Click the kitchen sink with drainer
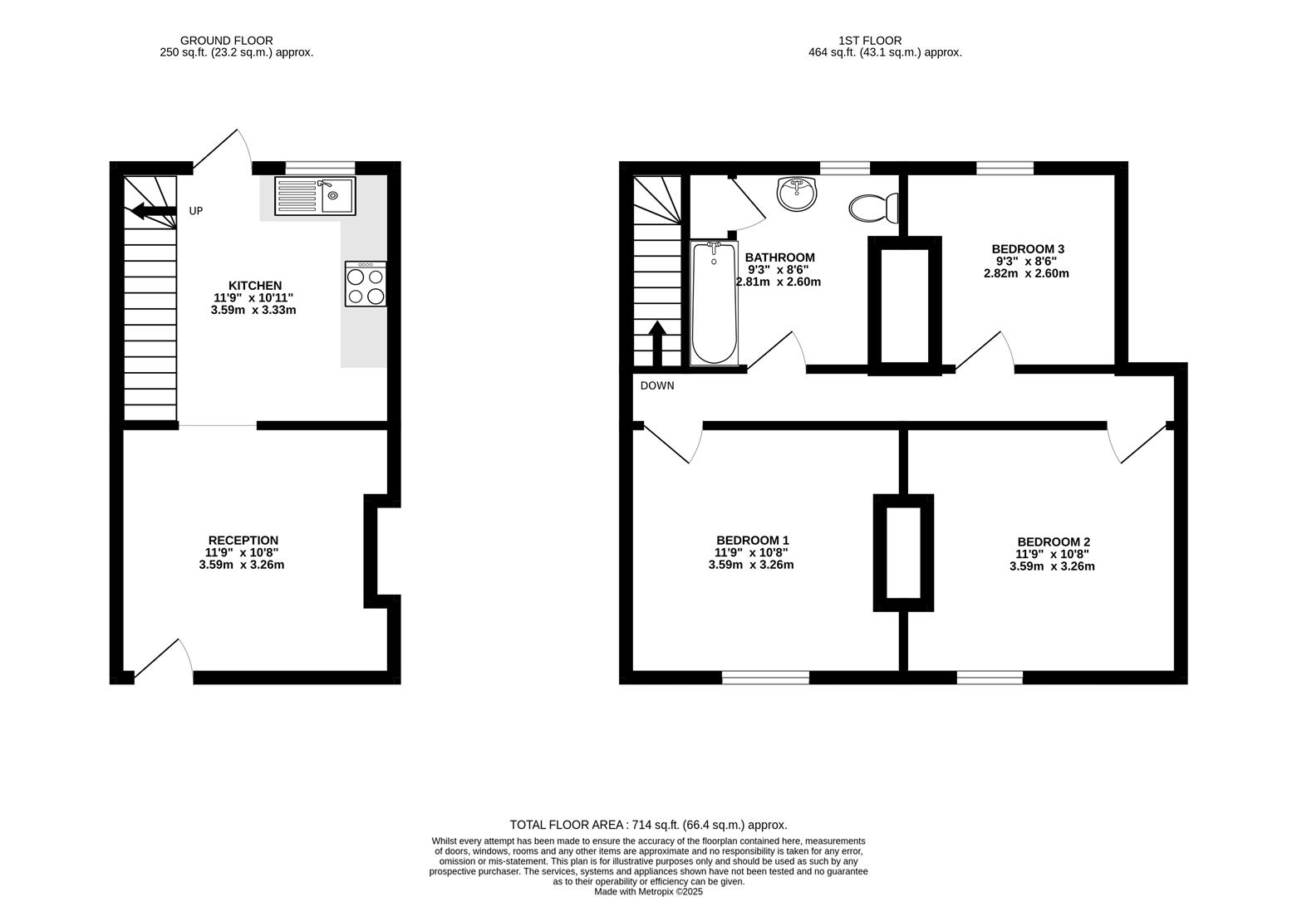pyautogui.click(x=316, y=196)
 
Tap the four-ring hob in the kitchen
pyautogui.click(x=366, y=283)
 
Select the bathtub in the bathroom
pyautogui.click(x=715, y=303)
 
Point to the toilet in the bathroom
pyautogui.click(x=873, y=208)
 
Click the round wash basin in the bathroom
pyautogui.click(x=797, y=194)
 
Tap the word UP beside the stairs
pyautogui.click(x=196, y=211)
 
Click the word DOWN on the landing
pyautogui.click(x=657, y=386)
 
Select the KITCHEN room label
pyautogui.click(x=255, y=286)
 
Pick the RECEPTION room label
pyautogui.click(x=243, y=540)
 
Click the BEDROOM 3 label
pyautogui.click(x=1028, y=249)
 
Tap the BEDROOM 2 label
pyautogui.click(x=1054, y=542)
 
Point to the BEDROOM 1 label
pyautogui.click(x=752, y=540)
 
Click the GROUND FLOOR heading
pyautogui.click(x=226, y=41)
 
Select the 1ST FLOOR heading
pyautogui.click(x=870, y=41)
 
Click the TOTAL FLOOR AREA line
pyautogui.click(x=648, y=825)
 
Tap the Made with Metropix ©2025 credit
pyautogui.click(x=648, y=892)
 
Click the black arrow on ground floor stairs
pyautogui.click(x=154, y=211)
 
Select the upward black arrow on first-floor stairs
pyautogui.click(x=657, y=344)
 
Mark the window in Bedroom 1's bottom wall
pyautogui.click(x=765, y=677)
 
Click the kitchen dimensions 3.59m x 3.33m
pyautogui.click(x=253, y=310)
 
